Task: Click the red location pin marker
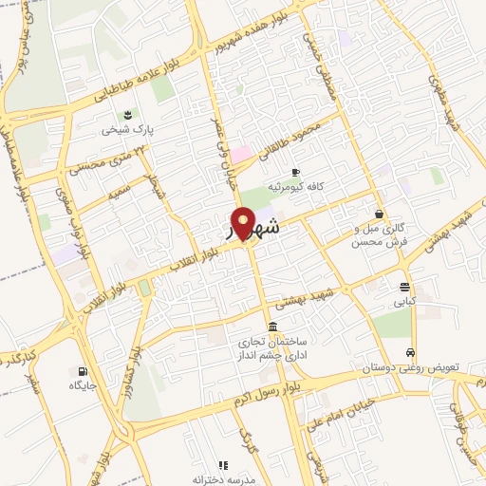pos(244,224)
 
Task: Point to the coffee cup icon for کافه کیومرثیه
pos(295,172)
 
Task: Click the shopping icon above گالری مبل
pos(380,215)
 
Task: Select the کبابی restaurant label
pos(405,304)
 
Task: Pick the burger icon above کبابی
pos(405,288)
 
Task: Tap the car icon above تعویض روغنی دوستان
pos(410,350)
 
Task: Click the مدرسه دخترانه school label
pos(223,479)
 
